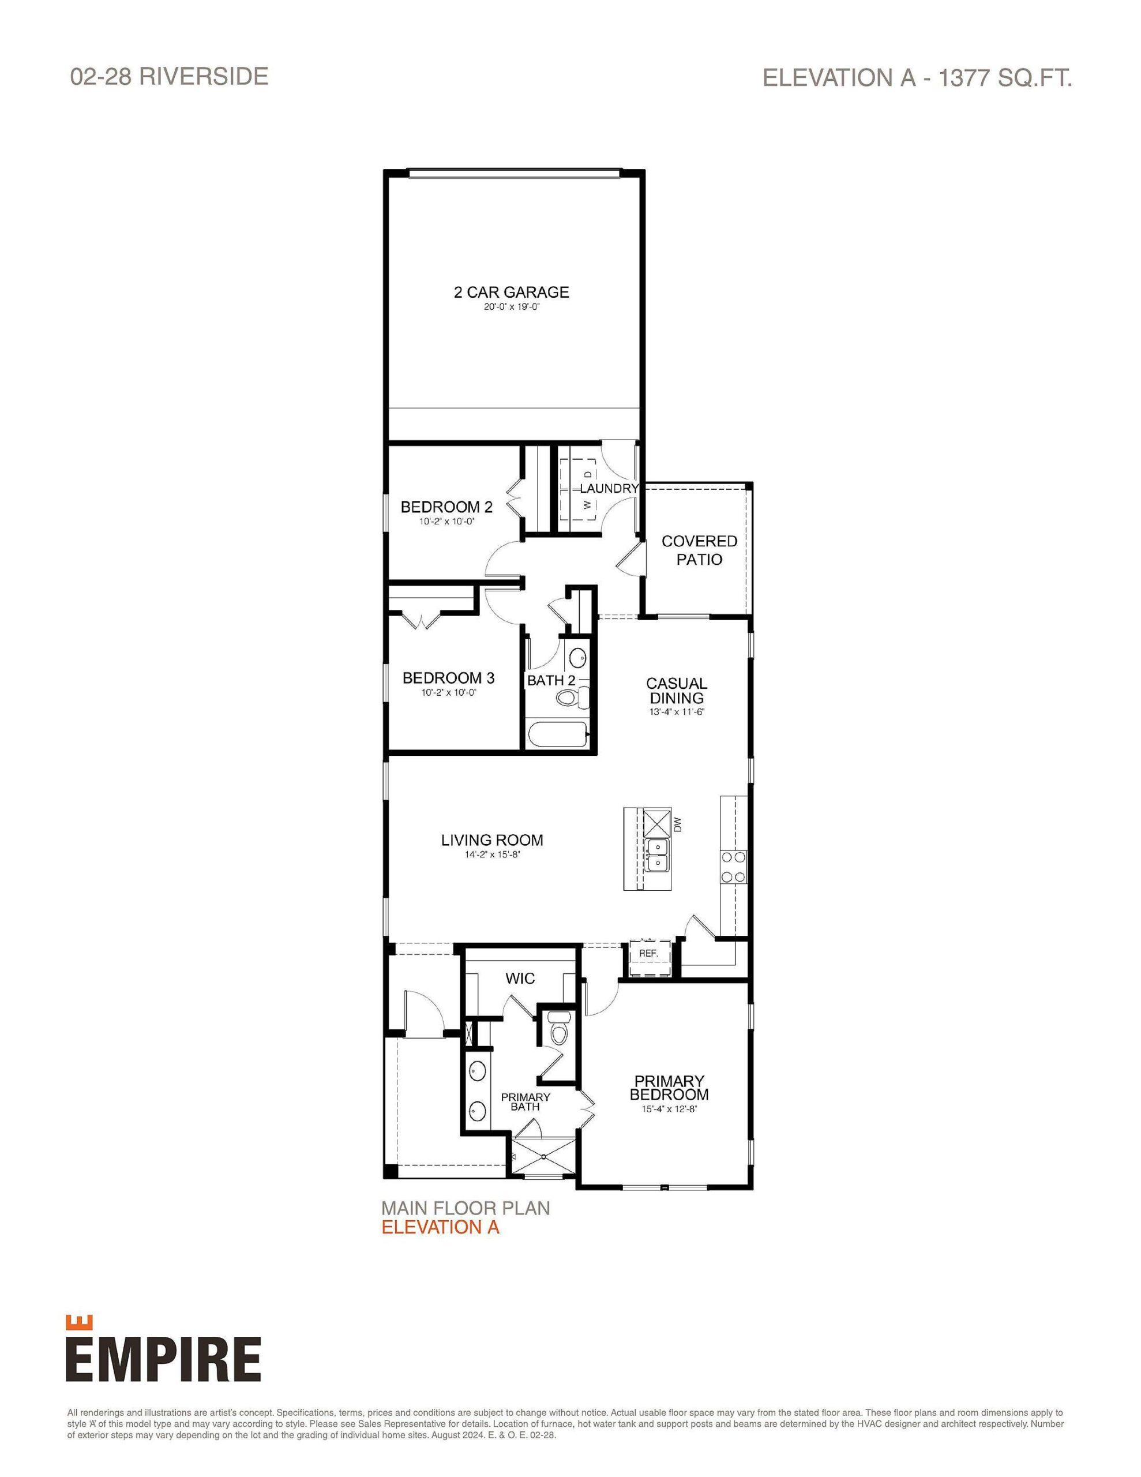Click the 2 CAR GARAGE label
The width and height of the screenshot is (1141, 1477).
(511, 292)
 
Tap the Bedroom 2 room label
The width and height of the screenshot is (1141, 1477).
(446, 507)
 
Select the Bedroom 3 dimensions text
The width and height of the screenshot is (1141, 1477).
(448, 692)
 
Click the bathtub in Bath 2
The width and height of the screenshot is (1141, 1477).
(556, 734)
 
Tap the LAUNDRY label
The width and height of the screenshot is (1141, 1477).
(609, 488)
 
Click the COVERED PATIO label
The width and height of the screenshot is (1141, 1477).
(699, 550)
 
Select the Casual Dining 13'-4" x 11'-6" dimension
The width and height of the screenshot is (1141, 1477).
(676, 712)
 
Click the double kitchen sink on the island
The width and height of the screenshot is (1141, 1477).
(656, 855)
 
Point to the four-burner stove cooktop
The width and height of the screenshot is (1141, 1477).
(733, 867)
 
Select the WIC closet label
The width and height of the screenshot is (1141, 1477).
(520, 978)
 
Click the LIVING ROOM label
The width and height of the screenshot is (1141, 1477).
(491, 840)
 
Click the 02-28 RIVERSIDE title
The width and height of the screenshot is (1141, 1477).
(169, 76)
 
